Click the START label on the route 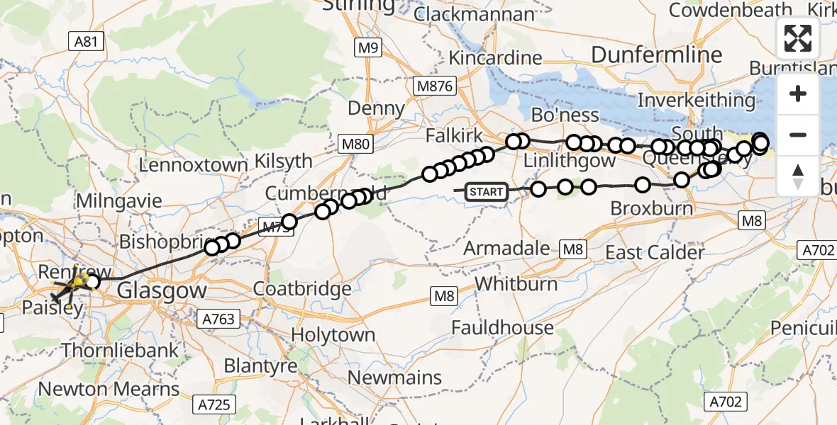[487, 192]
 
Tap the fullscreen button [798, 38]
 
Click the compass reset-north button [798, 176]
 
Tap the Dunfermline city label [656, 55]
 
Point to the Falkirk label [454, 136]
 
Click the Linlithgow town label [569, 161]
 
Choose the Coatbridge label [302, 289]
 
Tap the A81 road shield [86, 42]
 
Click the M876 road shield [435, 85]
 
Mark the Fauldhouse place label [502, 327]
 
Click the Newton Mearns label [109, 389]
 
